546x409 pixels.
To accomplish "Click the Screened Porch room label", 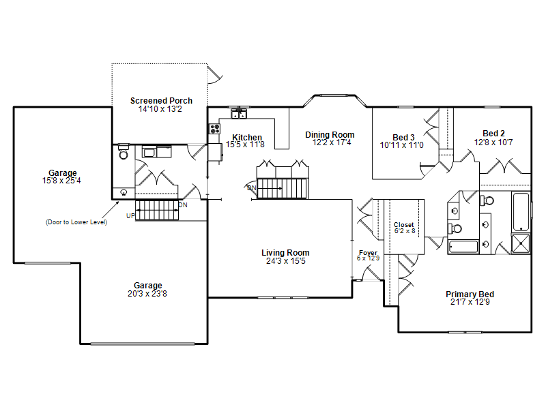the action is [x=161, y=100].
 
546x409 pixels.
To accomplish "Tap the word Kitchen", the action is [x=247, y=137].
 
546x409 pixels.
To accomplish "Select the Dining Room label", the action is [x=330, y=134].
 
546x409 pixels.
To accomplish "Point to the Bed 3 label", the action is [x=403, y=138].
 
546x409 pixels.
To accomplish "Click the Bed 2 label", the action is [x=493, y=133].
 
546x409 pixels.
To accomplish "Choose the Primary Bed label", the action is [x=470, y=294].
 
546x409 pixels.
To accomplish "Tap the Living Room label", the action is [x=285, y=253].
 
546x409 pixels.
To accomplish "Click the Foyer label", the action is [x=368, y=252].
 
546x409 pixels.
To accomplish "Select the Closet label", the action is [x=403, y=225].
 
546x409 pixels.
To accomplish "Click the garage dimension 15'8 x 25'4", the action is [x=61, y=181].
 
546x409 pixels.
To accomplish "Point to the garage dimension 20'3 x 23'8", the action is [x=147, y=294].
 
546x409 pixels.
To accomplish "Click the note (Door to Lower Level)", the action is [x=76, y=222].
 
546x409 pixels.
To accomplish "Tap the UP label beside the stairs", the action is [x=130, y=215].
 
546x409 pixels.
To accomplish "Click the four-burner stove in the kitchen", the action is [x=214, y=129].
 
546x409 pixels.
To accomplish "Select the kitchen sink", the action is [x=239, y=113].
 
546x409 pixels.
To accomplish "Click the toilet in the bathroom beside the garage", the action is [x=124, y=151].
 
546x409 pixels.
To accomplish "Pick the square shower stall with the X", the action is [x=521, y=243].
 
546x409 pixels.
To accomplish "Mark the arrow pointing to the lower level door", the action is [x=111, y=209].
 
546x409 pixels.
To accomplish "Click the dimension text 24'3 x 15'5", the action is [x=285, y=261].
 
